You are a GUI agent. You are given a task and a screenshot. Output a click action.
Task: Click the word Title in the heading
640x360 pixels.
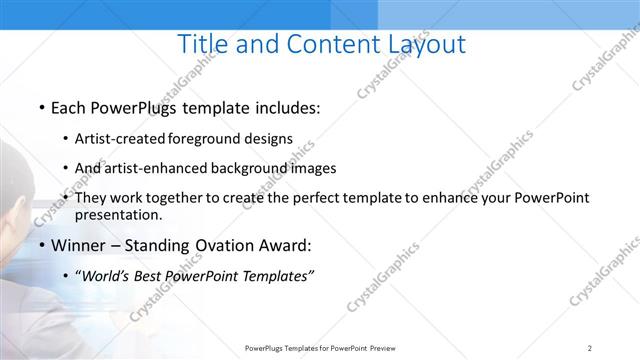(x=203, y=44)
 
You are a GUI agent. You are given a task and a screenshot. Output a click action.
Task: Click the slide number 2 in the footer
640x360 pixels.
(x=590, y=348)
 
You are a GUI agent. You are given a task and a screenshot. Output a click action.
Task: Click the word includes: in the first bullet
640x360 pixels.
(x=284, y=107)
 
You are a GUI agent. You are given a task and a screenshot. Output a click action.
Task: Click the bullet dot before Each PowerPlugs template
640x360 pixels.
(x=41, y=107)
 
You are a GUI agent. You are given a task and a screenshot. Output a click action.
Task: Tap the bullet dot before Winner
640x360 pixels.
(x=41, y=245)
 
